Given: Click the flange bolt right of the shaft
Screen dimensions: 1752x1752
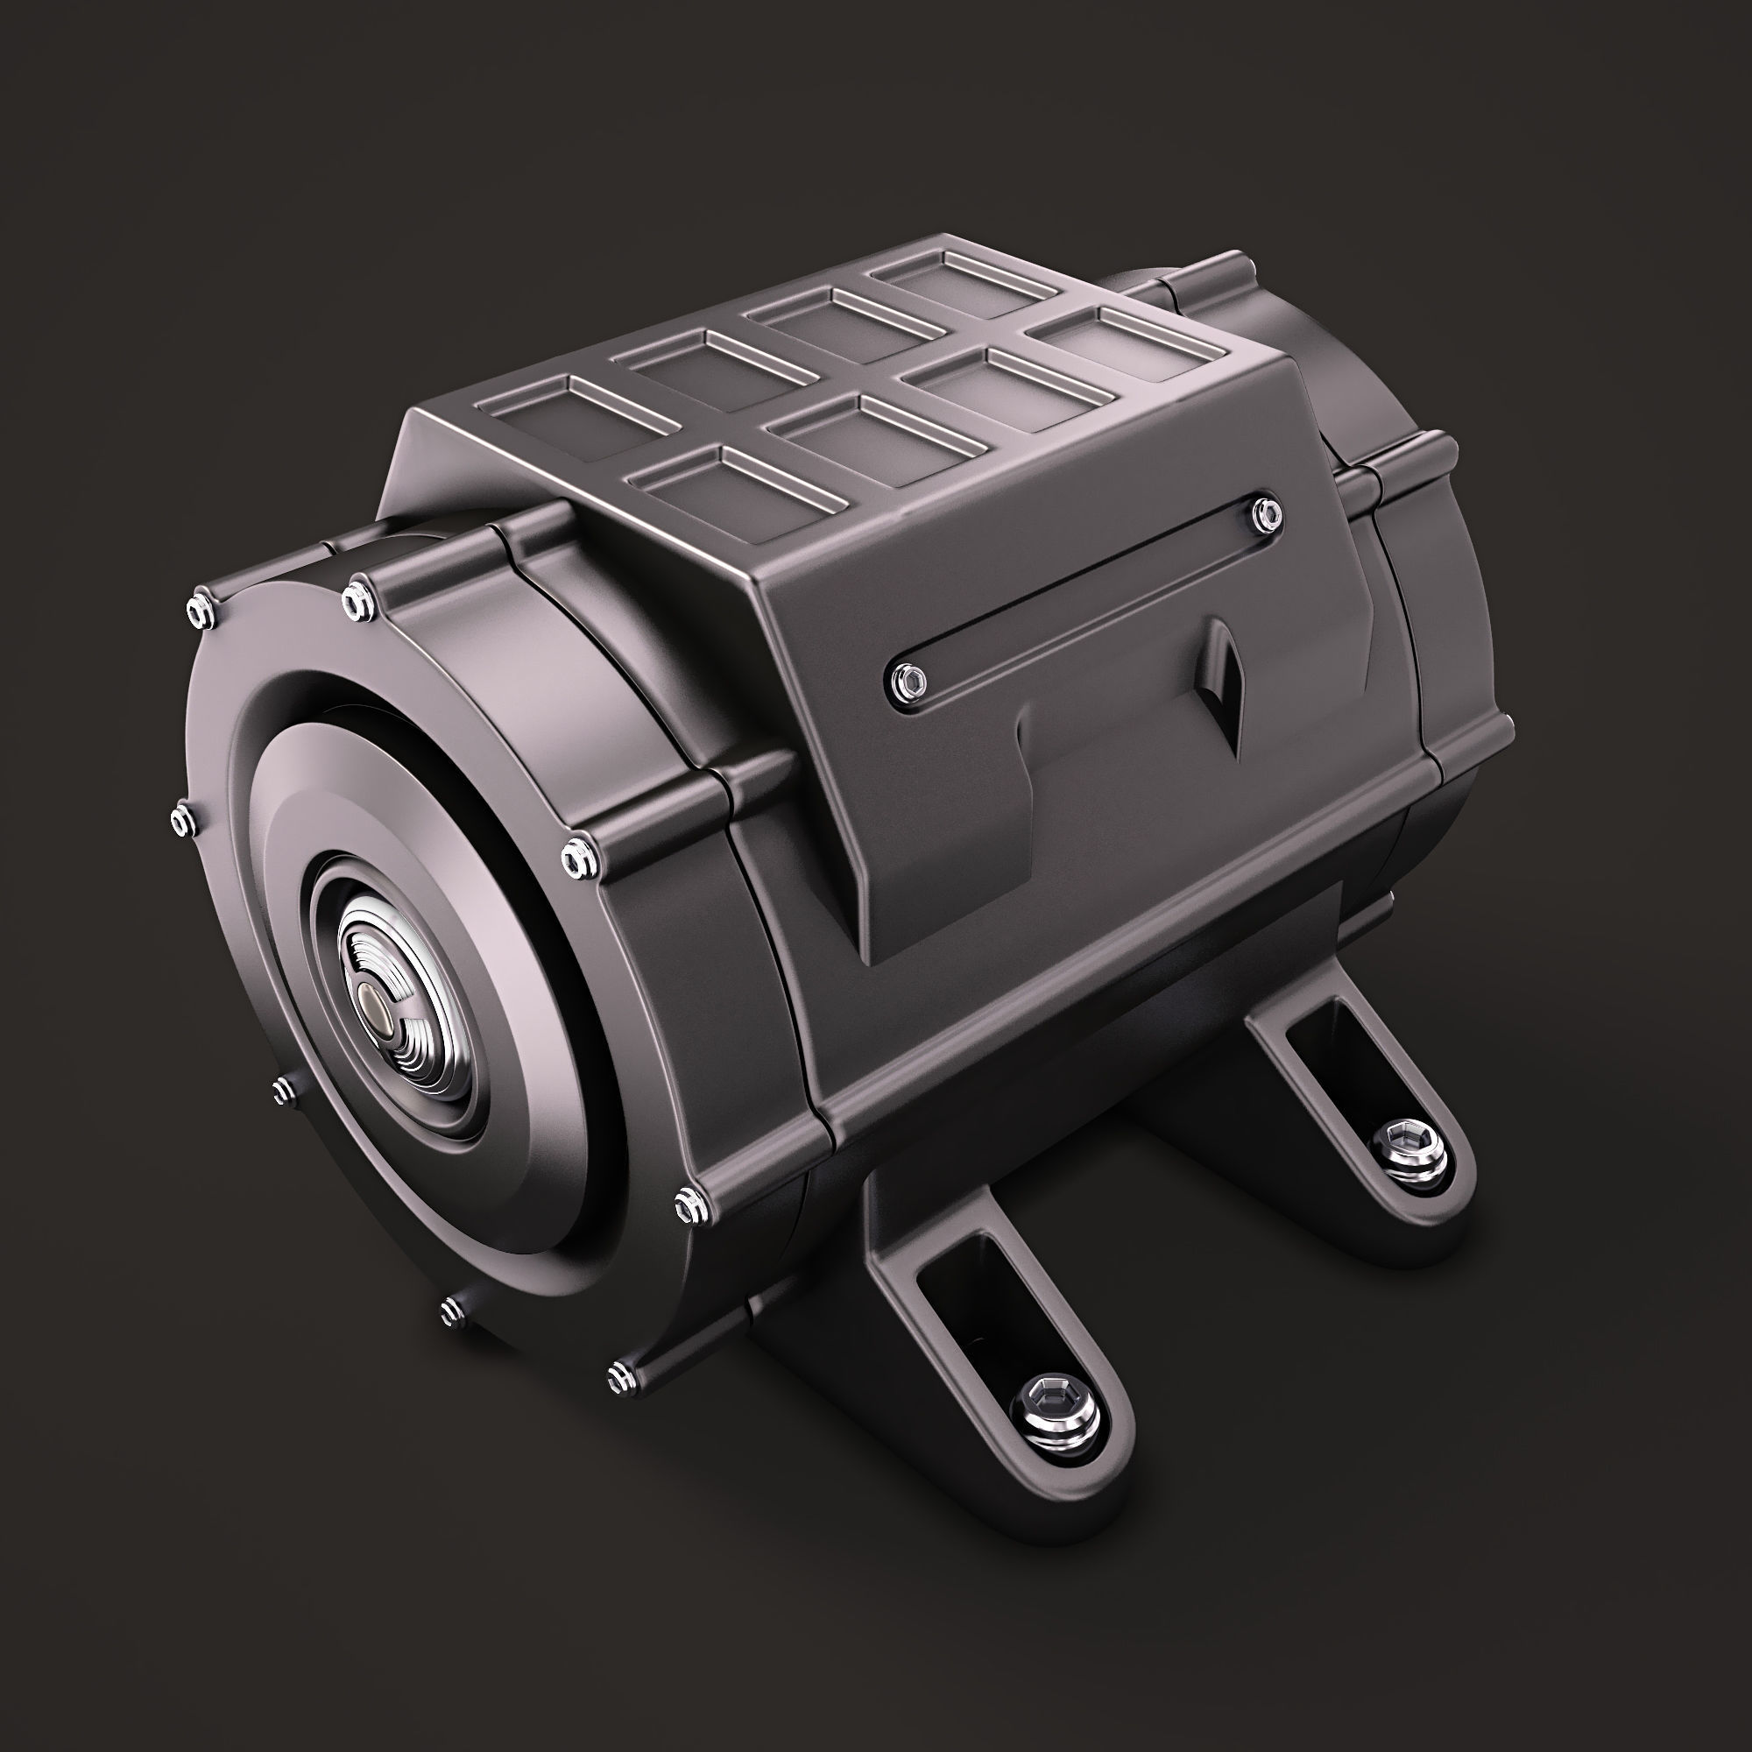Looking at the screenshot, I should tap(577, 857).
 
